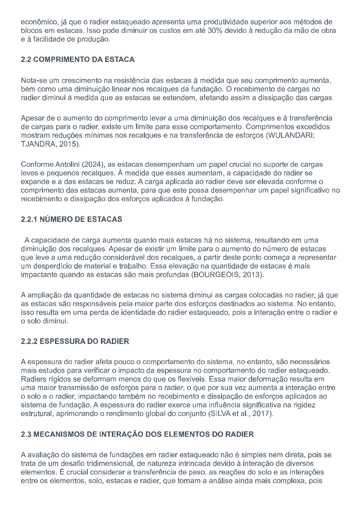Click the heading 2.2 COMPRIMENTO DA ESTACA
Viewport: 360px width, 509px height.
point(78,60)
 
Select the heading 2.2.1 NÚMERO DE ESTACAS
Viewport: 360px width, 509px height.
point(72,219)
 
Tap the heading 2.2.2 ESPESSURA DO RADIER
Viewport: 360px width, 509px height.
point(75,341)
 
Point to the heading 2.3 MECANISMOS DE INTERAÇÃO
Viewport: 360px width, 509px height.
point(137,434)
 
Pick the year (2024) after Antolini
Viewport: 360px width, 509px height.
point(92,164)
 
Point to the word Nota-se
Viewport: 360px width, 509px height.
point(32,81)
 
